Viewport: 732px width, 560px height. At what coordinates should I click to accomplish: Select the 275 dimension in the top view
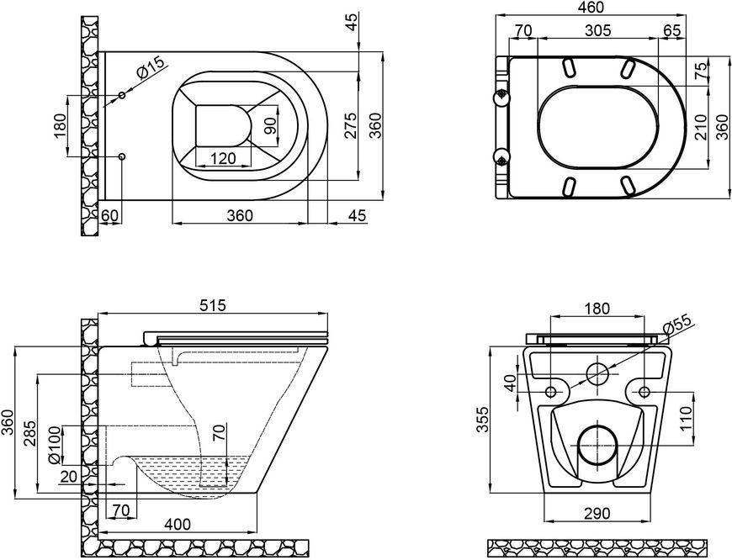click(x=351, y=125)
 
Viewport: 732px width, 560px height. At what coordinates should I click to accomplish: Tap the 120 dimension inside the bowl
click(x=223, y=159)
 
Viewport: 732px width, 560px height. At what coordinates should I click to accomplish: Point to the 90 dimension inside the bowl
click(x=270, y=126)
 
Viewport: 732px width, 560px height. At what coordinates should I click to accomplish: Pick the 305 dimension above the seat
click(x=598, y=31)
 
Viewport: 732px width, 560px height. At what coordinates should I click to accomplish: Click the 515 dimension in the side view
click(x=212, y=305)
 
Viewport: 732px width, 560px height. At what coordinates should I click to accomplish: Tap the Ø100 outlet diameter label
click(x=55, y=446)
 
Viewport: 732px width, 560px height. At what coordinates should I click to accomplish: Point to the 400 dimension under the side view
click(x=178, y=524)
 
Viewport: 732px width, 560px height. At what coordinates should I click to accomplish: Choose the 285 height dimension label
click(x=29, y=434)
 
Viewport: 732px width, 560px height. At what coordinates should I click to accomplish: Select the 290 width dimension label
click(x=597, y=513)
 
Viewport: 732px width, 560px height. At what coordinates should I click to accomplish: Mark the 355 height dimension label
click(x=483, y=420)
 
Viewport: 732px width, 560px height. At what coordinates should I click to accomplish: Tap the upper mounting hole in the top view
click(x=122, y=95)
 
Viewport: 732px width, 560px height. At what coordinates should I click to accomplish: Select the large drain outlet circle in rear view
click(x=597, y=445)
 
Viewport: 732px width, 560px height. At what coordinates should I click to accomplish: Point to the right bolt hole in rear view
click(x=644, y=391)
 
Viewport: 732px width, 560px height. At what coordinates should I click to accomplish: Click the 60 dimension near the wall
click(x=111, y=215)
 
